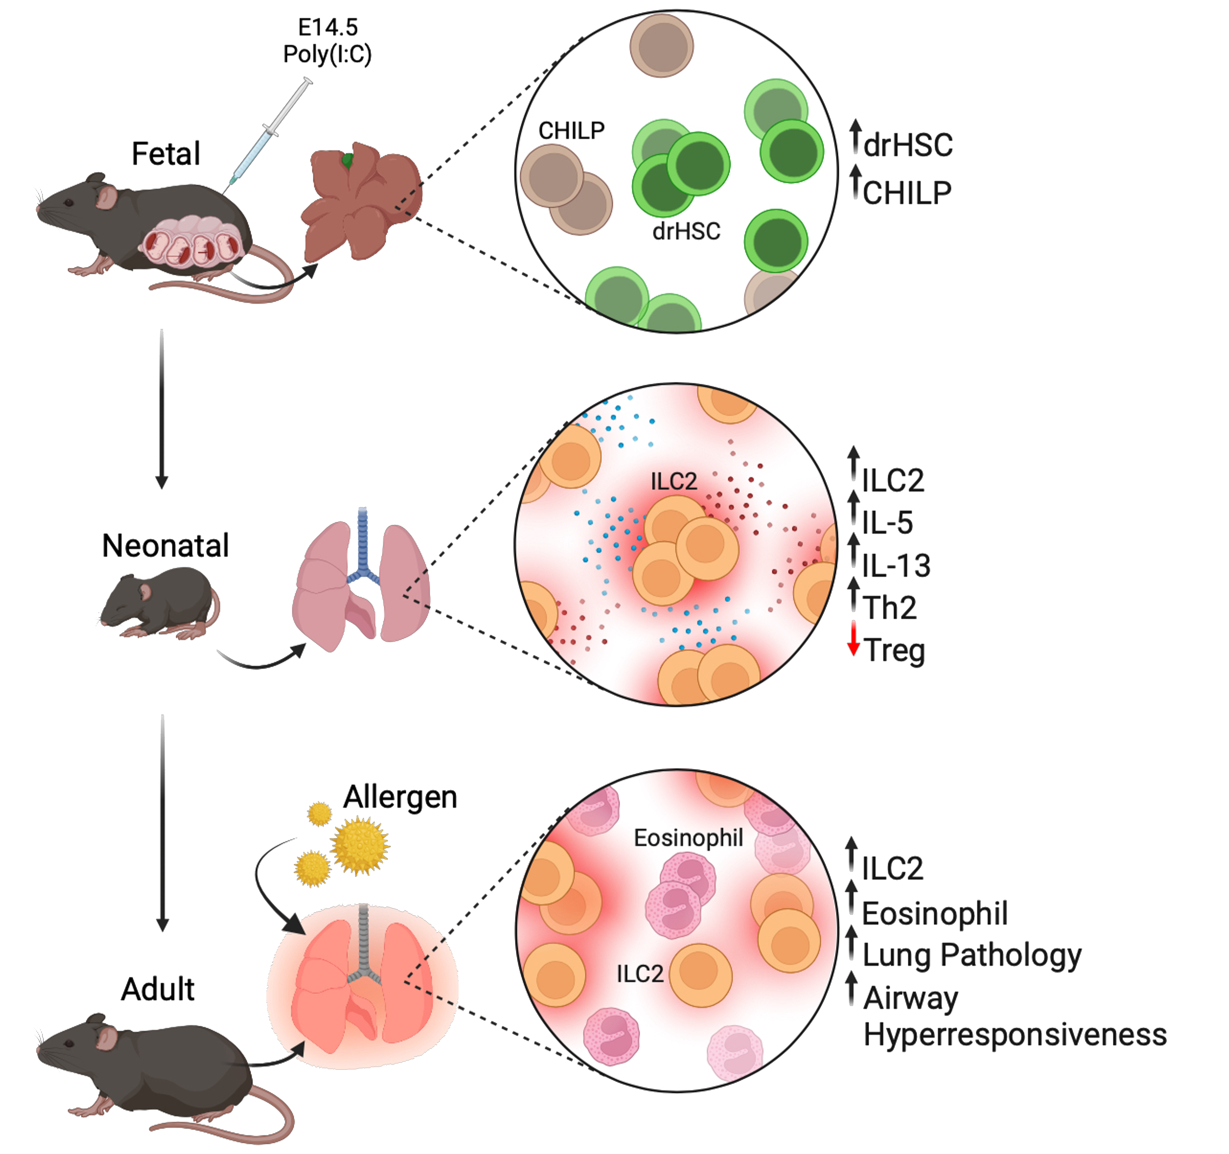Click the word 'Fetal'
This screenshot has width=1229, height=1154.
point(166,153)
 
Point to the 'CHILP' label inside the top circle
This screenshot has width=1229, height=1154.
point(571,130)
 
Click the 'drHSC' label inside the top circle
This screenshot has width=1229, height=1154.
point(686,231)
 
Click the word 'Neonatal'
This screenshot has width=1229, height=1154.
point(166,546)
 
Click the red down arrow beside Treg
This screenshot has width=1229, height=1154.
point(853,638)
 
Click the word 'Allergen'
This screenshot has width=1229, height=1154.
point(401,797)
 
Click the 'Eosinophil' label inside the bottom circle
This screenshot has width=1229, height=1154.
point(688,838)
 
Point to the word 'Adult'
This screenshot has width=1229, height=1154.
point(158,990)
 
